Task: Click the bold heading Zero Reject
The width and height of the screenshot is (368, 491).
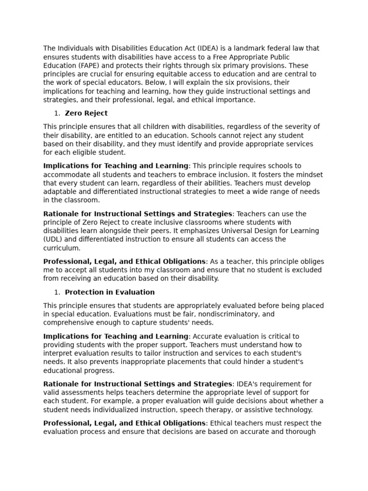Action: pyautogui.click(x=86, y=114)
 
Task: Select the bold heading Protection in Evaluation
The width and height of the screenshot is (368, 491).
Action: pyautogui.click(x=110, y=292)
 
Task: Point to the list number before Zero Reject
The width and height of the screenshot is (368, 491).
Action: pyautogui.click(x=57, y=114)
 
